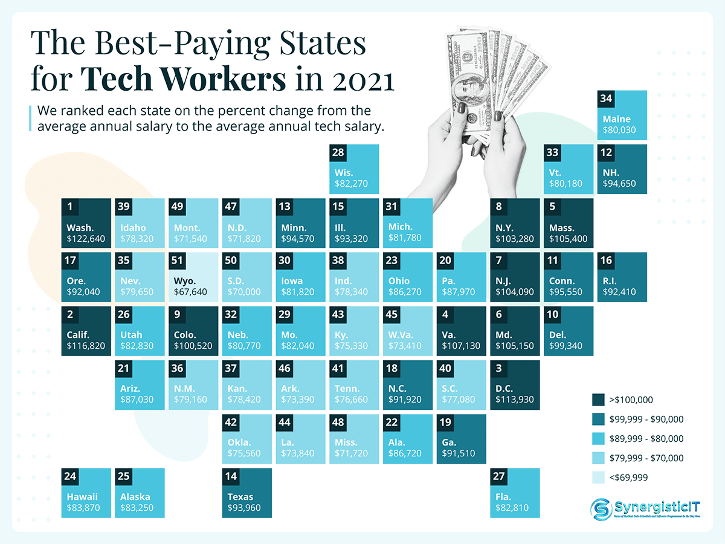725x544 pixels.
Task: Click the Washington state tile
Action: click(x=86, y=223)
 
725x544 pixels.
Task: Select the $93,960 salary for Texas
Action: click(x=244, y=508)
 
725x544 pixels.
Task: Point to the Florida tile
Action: click(x=515, y=493)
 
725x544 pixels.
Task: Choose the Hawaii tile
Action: click(x=86, y=493)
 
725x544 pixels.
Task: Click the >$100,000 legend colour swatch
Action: click(x=599, y=400)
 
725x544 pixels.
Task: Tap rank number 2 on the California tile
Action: click(x=71, y=314)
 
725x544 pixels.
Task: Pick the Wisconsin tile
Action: click(x=355, y=169)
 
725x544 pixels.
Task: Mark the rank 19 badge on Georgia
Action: click(x=446, y=422)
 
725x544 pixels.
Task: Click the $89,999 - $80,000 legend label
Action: click(x=646, y=438)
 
